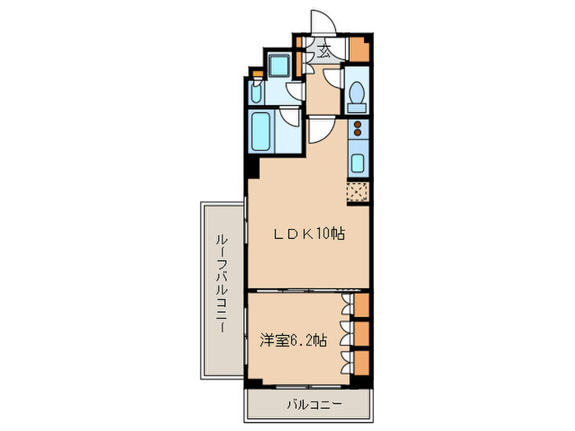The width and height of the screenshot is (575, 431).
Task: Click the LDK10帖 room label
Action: click(x=309, y=234)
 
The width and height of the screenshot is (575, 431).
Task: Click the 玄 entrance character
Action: click(x=325, y=51)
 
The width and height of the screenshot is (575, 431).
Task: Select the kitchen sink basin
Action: click(x=358, y=161)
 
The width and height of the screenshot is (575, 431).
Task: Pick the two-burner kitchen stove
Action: click(x=358, y=128)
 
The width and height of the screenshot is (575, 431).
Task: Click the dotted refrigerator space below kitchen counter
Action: click(x=358, y=192)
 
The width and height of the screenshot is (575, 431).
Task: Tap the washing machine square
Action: click(x=278, y=66)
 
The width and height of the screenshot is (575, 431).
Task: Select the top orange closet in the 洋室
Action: click(x=361, y=305)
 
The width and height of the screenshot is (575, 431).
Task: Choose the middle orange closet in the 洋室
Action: click(x=361, y=333)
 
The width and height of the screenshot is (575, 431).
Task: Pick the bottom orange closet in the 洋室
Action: click(x=361, y=361)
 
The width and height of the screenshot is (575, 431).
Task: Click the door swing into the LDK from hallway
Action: click(x=320, y=127)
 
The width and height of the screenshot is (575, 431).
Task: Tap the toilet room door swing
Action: click(x=333, y=80)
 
